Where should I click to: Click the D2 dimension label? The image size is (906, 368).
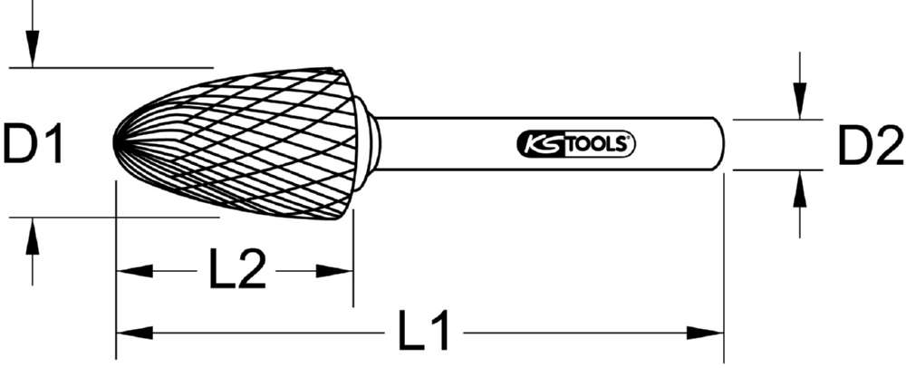(x=867, y=147)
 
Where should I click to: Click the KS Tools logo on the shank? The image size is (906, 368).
(x=576, y=144)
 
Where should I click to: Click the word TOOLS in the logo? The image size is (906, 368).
(x=602, y=144)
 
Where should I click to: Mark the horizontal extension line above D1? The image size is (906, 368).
(x=109, y=67)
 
